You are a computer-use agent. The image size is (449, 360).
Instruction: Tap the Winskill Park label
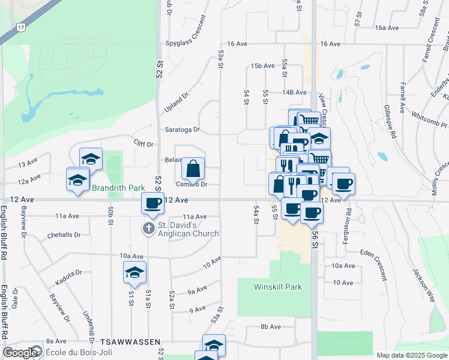(x=277, y=287)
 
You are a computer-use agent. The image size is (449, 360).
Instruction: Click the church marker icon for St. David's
(x=148, y=229)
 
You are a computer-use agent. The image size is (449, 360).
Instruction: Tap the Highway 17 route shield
(x=22, y=28)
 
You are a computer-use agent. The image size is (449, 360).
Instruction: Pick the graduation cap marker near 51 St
(x=135, y=272)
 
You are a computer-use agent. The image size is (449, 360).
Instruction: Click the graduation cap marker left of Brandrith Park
(x=77, y=179)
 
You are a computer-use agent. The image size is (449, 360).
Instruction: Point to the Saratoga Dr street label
(x=182, y=130)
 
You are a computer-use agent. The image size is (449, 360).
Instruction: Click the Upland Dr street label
(x=176, y=103)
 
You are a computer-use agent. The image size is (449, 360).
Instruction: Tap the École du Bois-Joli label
(x=73, y=352)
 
